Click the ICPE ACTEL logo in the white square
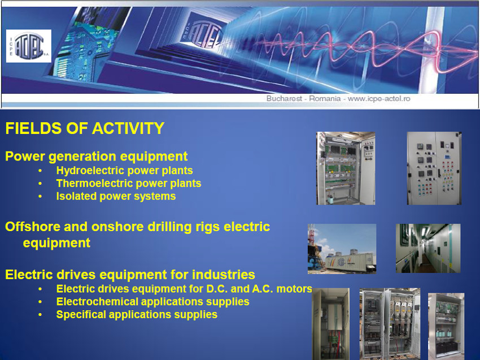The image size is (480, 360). point(29,46)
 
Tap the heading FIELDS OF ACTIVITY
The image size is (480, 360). point(85,128)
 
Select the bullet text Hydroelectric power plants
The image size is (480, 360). point(124,170)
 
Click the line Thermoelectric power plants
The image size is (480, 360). point(129,183)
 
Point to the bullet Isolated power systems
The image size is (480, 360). point(116,196)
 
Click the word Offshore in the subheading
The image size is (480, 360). point(33,227)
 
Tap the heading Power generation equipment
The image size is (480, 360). point(96,157)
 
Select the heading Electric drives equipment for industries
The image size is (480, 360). point(130,275)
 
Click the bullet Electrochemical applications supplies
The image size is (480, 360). point(152,301)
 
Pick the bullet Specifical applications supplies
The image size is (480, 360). point(137,314)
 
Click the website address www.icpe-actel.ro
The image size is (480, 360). point(379,99)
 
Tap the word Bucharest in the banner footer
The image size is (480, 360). point(284,99)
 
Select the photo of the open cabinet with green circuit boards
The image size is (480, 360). point(346,168)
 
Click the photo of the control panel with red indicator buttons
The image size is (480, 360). point(434,168)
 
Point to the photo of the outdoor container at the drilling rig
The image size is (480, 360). point(342,249)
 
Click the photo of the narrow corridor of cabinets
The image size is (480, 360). point(428,249)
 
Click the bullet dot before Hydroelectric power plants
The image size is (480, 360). point(40,171)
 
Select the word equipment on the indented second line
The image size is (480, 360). point(56,243)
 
